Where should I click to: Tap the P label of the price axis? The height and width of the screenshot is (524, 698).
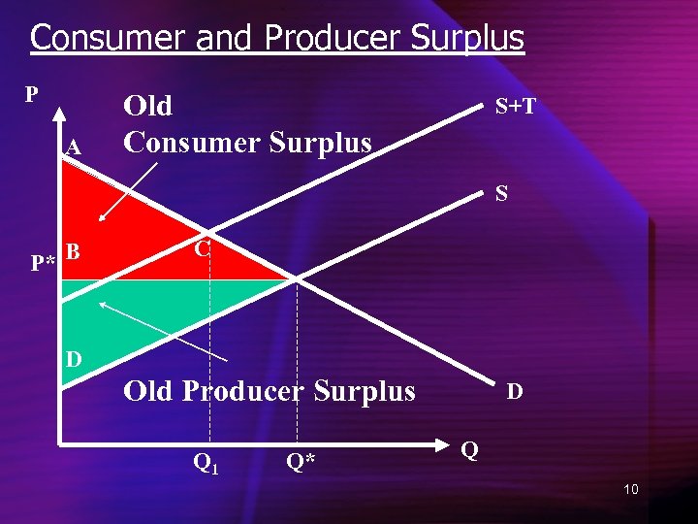pos(31,94)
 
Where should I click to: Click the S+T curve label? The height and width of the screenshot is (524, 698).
pos(516,106)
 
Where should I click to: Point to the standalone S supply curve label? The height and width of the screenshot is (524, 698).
pos(501,194)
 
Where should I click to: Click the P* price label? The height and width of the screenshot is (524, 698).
pos(42,263)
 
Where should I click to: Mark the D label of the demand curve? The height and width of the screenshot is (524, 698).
pos(515,391)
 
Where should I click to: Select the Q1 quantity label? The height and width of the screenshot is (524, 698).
pos(206,463)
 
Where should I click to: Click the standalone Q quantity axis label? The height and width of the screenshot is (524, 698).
pos(469,450)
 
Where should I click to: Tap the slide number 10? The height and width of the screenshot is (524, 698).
pos(631,489)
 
